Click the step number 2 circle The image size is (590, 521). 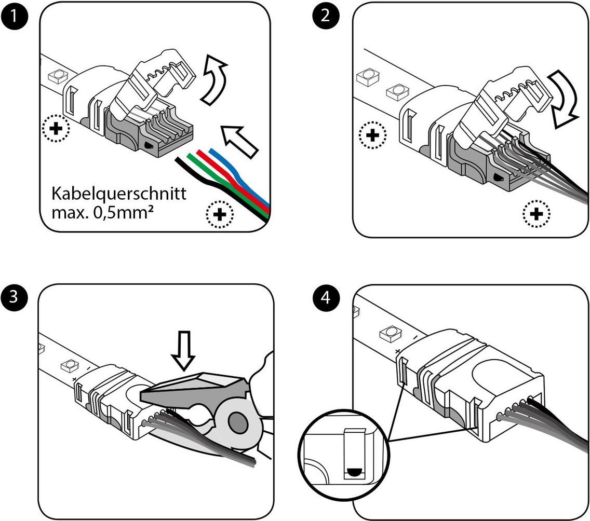coord(326,15)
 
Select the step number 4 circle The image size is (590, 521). coord(326,298)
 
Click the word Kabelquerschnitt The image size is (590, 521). coord(118,194)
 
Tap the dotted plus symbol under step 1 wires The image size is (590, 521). coord(220,214)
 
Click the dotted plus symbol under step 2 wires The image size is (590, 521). coord(537,213)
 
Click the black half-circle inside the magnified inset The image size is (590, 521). coord(353,473)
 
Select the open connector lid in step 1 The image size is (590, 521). coord(156,86)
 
